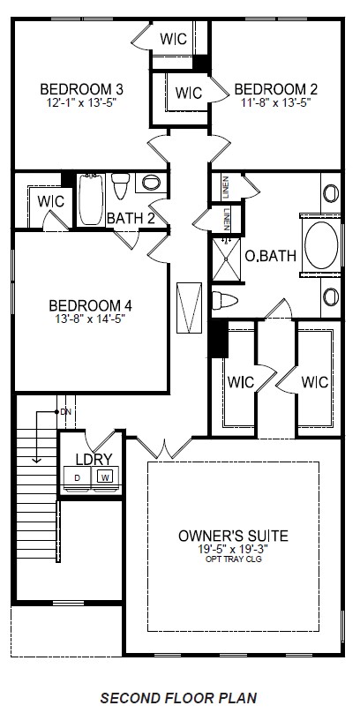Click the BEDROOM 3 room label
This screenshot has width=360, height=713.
[x=81, y=88]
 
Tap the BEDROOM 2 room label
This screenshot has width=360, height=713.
[x=275, y=88]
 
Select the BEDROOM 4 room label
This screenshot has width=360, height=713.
[x=90, y=306]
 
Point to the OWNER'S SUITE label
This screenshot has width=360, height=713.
[x=233, y=536]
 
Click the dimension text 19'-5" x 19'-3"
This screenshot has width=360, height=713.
[x=233, y=549]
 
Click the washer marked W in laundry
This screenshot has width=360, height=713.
[x=105, y=477]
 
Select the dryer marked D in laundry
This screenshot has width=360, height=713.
[x=77, y=477]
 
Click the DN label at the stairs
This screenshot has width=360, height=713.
[x=66, y=412]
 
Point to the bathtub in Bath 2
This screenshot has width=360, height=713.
[x=91, y=199]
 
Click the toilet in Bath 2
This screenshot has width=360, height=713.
[x=122, y=187]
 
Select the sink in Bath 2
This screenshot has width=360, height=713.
[x=153, y=184]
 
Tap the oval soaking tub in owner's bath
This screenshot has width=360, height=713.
[x=319, y=245]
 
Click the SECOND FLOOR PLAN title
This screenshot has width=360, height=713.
[x=180, y=698]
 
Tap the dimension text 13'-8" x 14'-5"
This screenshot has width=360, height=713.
[x=90, y=319]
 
